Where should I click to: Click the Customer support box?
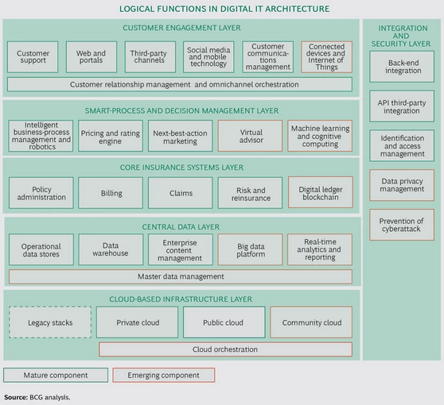pos(33,57)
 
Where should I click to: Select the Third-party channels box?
pos(147,57)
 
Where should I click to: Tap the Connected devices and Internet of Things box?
pos(326,57)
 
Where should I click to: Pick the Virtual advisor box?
pos(250,137)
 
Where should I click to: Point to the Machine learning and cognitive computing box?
pos(320,137)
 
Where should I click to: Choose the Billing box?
pos(111,193)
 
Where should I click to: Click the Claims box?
pos(181,193)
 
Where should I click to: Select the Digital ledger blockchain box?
pos(320,193)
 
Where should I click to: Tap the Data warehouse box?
pos(111,249)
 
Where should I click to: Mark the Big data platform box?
pos(250,249)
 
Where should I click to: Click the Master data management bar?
pos(181,277)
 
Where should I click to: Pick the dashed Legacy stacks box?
pos(50,322)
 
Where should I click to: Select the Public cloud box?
pos(224,322)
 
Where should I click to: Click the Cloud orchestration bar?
pos(225,349)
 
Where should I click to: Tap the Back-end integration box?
pos(402,67)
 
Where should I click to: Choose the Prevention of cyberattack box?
pos(402,224)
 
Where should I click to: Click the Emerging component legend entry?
pos(162,375)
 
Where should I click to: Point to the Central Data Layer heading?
pos(181,226)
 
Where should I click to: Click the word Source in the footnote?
pos(15,396)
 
